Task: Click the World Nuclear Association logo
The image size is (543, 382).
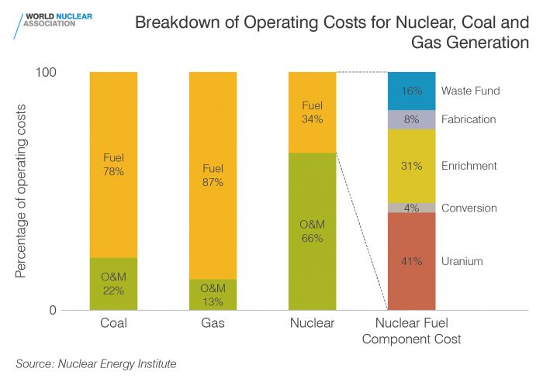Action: (x=50, y=21)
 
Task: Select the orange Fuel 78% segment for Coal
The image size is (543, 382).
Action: (x=113, y=164)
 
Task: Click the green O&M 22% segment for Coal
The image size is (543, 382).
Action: (x=113, y=284)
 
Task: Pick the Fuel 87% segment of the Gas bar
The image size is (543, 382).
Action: (x=213, y=175)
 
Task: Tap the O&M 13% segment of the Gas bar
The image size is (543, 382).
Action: (x=213, y=294)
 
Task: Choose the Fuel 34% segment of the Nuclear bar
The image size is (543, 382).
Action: (x=312, y=112)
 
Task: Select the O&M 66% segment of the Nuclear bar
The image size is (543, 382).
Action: (x=312, y=231)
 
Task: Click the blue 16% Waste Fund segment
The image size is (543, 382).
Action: (x=411, y=91)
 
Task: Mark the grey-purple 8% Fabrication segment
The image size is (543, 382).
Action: (x=411, y=119)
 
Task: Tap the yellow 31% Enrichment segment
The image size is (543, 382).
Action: (x=411, y=166)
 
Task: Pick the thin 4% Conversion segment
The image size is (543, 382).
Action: (x=411, y=208)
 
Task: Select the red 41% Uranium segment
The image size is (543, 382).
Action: (x=411, y=261)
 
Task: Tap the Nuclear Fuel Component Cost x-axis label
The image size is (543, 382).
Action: (x=417, y=332)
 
